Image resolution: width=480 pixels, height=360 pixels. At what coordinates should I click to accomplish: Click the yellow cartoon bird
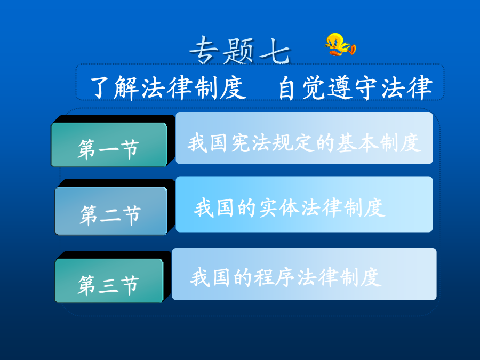(x=340, y=44)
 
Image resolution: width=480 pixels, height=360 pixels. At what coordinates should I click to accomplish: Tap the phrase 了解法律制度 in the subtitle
(x=168, y=87)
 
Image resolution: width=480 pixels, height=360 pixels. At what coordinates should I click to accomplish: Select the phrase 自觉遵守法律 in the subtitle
(x=355, y=87)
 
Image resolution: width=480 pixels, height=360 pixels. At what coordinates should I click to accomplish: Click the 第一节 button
(x=109, y=145)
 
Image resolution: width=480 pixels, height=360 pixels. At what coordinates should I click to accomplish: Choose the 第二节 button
(x=111, y=211)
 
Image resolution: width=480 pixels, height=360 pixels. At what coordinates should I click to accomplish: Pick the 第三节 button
(x=109, y=281)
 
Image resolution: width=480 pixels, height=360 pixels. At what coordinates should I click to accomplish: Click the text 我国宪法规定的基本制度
(x=305, y=142)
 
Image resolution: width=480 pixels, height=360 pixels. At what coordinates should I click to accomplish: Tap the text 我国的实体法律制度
(x=290, y=207)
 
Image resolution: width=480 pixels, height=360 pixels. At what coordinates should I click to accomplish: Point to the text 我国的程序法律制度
(x=286, y=277)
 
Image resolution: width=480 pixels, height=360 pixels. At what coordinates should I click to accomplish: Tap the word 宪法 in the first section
(x=251, y=142)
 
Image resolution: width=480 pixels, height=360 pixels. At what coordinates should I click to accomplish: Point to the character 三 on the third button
(x=109, y=285)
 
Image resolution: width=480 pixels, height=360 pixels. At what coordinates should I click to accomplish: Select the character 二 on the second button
(x=110, y=215)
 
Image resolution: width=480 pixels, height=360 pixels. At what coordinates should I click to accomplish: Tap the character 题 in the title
(x=239, y=51)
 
